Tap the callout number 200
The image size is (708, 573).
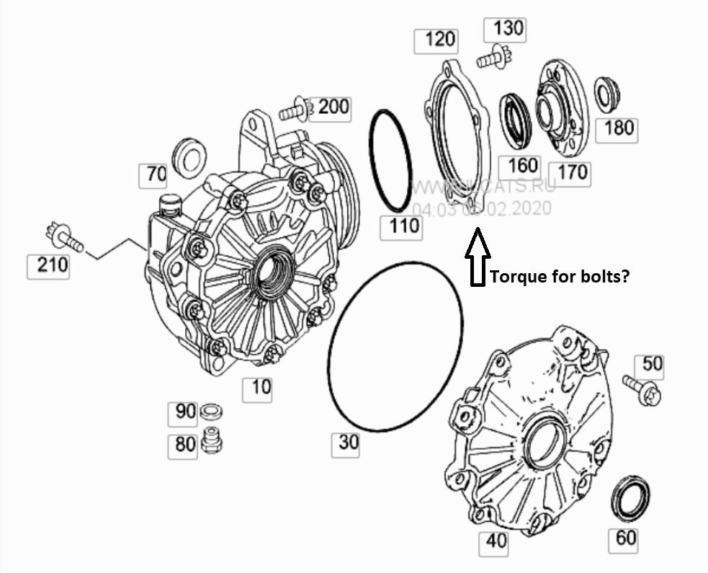click(x=333, y=107)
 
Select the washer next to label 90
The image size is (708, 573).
click(x=211, y=412)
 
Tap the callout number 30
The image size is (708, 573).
click(x=348, y=442)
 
